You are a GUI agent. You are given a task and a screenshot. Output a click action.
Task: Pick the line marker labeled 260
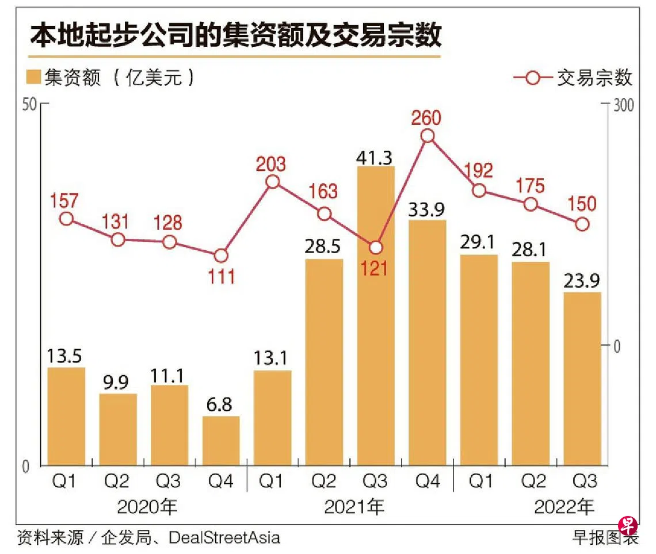click(428, 136)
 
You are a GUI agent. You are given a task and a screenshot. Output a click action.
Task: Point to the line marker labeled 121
click(376, 247)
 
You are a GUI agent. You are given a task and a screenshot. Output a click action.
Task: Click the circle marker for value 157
click(67, 219)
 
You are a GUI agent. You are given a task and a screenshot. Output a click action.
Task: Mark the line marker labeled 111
click(221, 256)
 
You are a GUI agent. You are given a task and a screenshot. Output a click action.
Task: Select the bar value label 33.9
click(427, 209)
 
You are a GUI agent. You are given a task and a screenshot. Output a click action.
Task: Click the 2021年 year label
click(353, 507)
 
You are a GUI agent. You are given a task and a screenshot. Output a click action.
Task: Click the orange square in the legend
click(35, 78)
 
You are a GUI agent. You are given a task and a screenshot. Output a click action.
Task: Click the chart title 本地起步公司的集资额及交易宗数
click(235, 35)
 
